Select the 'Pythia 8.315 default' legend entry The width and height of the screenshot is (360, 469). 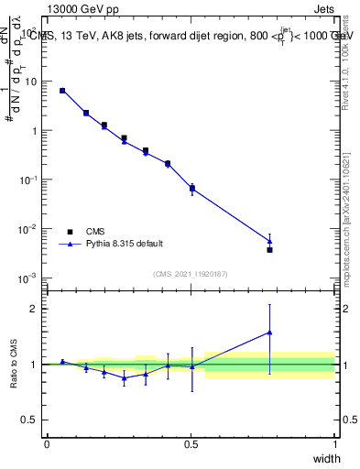pos(125,244)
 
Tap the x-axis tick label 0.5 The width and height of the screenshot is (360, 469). pos(191,443)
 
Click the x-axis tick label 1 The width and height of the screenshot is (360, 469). pos(335,443)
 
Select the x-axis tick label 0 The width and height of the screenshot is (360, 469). pos(47,443)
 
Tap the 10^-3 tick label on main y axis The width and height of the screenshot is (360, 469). pos(30,278)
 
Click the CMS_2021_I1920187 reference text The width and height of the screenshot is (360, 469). pos(191,273)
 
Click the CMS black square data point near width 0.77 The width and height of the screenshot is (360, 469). pos(269,249)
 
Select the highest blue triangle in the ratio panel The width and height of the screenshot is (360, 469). pos(269,333)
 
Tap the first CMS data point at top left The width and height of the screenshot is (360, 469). pos(62,91)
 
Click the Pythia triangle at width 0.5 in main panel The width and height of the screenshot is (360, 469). pos(191,189)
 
